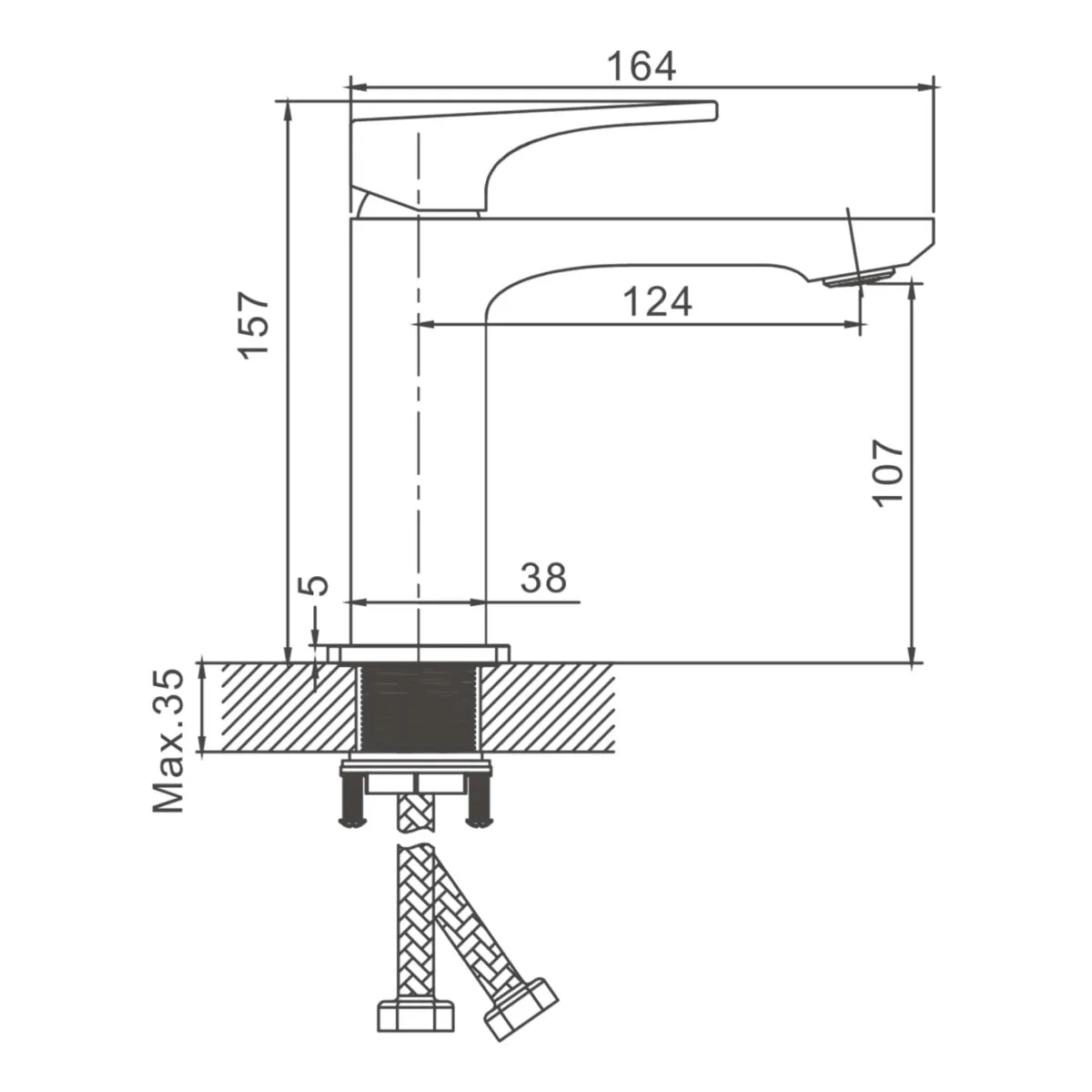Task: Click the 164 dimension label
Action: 641,66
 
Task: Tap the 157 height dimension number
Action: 253,325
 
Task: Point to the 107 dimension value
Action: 887,472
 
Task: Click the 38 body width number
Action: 543,578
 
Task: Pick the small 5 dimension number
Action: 312,585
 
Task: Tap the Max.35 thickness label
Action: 168,742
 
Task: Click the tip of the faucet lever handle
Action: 715,111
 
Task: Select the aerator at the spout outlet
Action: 858,278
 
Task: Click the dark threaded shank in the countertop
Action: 419,708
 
